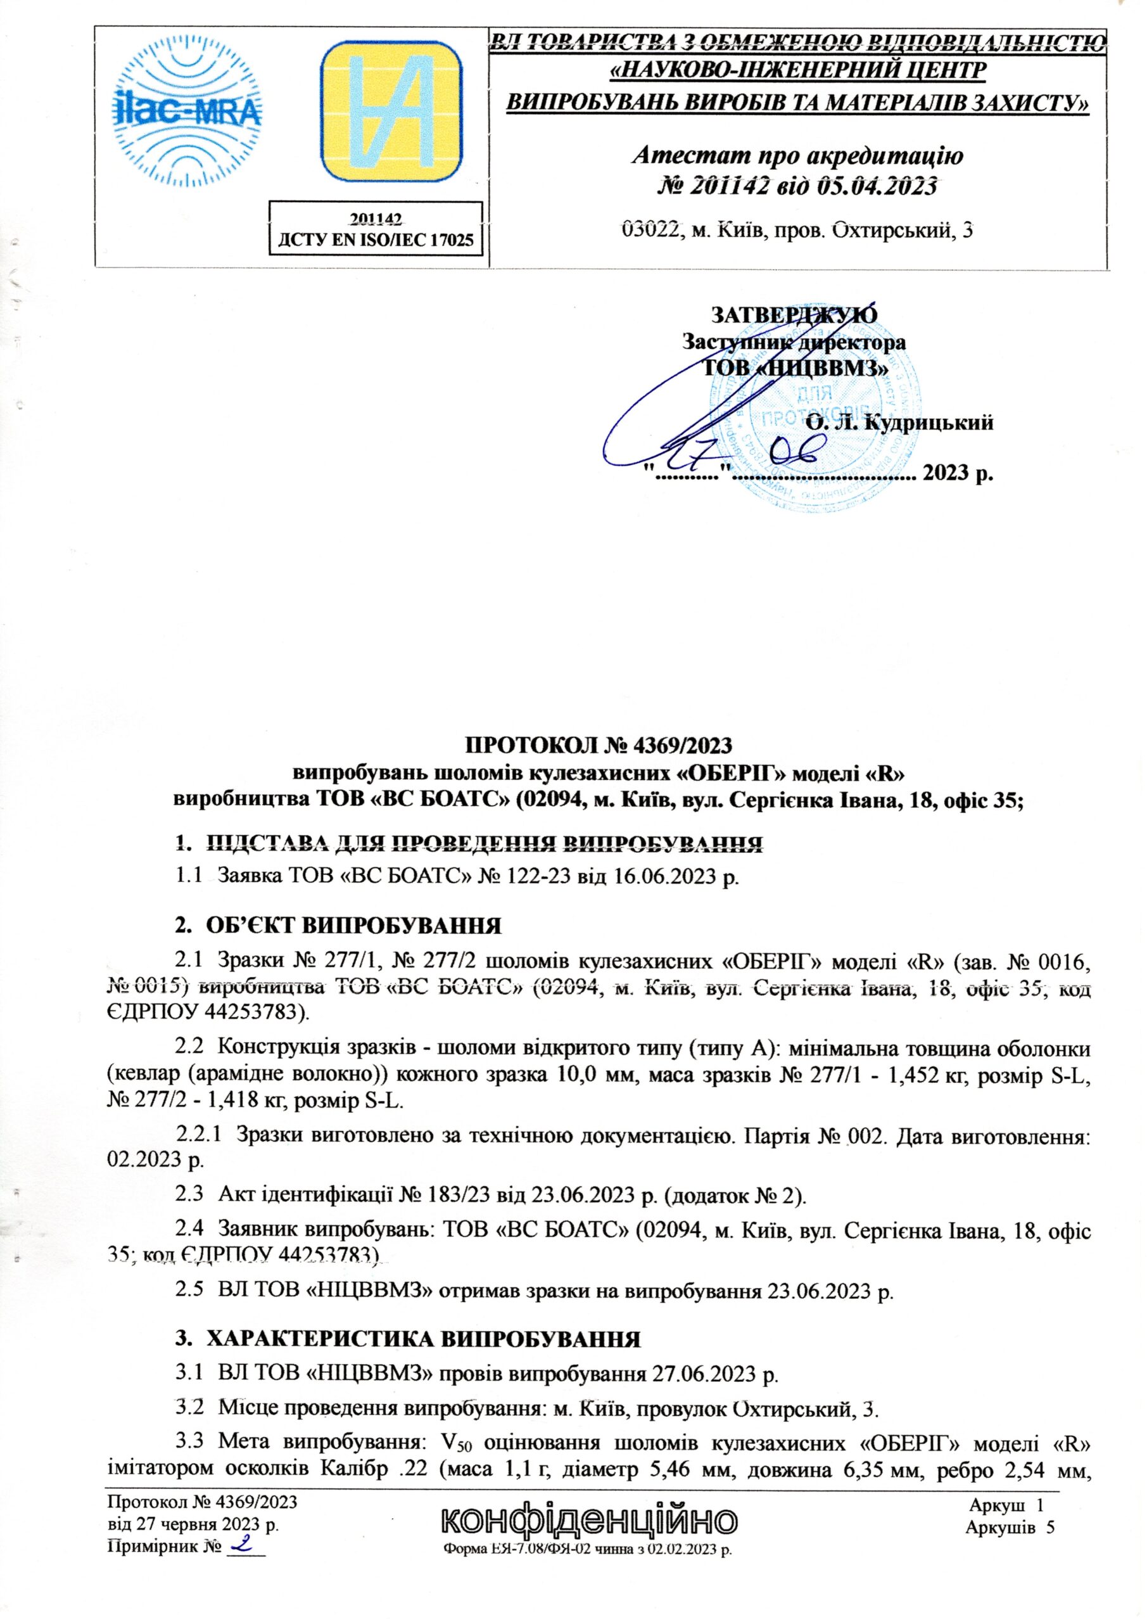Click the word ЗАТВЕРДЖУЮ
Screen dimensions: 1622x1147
(794, 314)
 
